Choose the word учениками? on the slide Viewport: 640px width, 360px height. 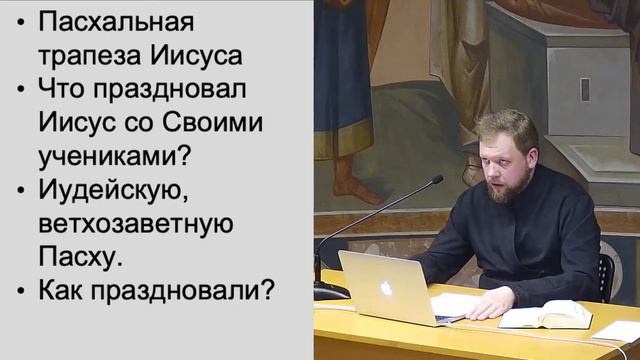[x=115, y=157]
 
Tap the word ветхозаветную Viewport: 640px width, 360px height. [x=136, y=225]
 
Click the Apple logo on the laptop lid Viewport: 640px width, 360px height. [x=386, y=289]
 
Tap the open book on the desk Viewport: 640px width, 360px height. [x=546, y=315]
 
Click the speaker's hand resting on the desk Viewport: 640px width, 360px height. [x=487, y=307]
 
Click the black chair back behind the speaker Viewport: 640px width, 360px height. [x=606, y=274]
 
